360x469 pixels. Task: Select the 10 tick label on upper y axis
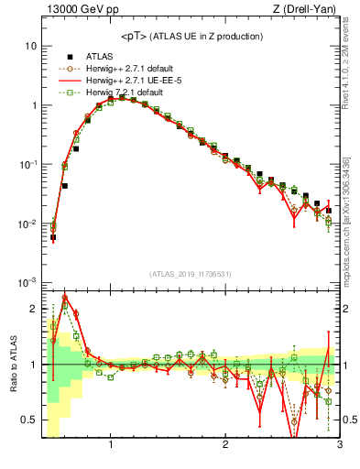point(30,46)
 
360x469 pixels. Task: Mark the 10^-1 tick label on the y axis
point(27,164)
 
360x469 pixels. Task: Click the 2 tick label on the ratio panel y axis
point(32,309)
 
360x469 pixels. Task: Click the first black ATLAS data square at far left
point(53,236)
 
